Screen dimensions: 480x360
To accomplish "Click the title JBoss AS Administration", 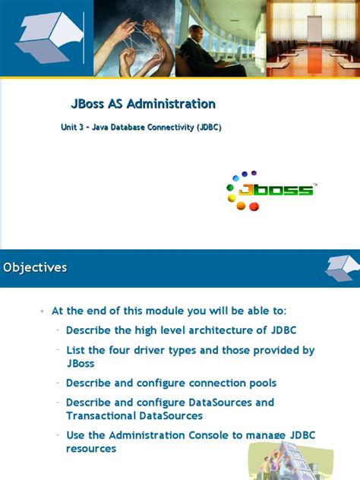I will coord(143,104).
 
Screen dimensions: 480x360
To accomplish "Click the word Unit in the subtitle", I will coord(69,128).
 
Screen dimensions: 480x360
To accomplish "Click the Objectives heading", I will coord(35,267).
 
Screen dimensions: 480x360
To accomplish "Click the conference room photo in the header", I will coord(313,38).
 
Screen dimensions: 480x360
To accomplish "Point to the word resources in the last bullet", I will coord(91,449).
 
